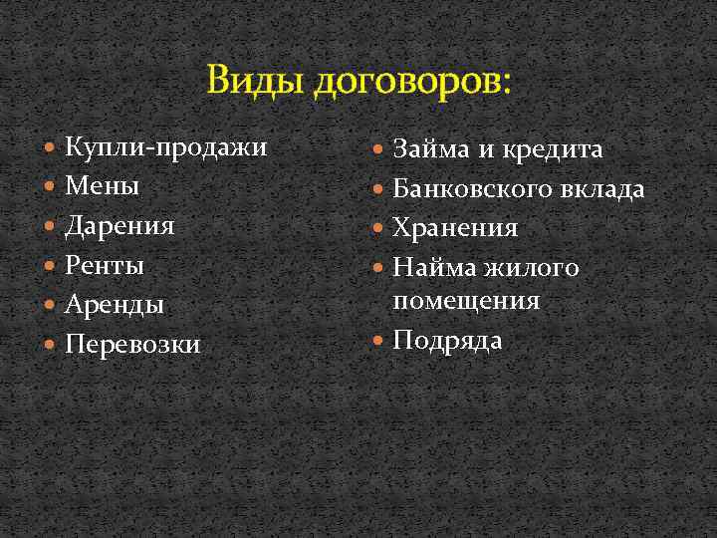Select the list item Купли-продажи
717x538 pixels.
[165, 147]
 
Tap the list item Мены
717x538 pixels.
[102, 186]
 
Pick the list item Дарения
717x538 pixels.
[119, 226]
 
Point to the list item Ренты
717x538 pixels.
[105, 266]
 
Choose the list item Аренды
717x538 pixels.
[114, 305]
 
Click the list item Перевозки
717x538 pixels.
[132, 345]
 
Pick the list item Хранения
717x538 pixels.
[455, 227]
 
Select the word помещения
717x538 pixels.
[466, 300]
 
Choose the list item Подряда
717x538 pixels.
[447, 340]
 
